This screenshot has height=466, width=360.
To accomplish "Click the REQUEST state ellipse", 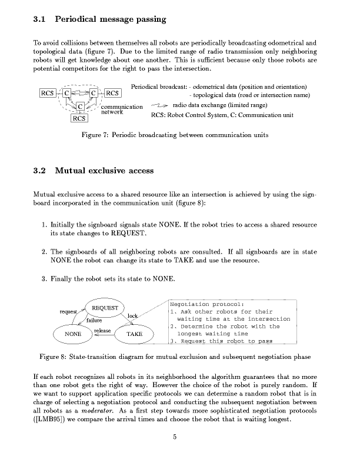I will tap(104, 308).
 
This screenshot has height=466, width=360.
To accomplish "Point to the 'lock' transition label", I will tap(133, 317).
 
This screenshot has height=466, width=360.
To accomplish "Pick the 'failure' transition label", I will tap(95, 320).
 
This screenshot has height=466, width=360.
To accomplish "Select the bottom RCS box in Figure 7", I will tap(79, 118).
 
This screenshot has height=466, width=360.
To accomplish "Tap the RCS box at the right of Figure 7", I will tap(112, 93).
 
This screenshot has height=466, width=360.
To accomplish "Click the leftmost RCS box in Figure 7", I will tap(48, 93).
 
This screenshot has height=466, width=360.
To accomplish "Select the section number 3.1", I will tap(41, 19).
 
